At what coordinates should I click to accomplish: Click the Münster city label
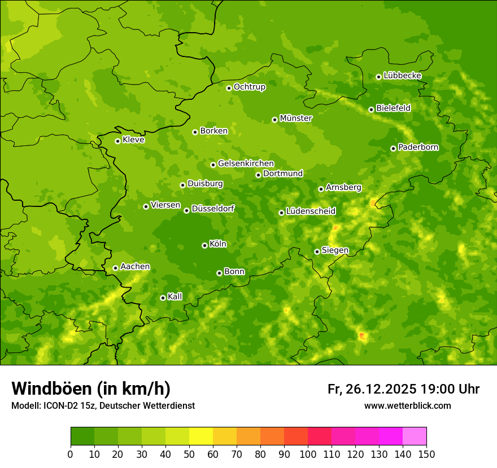pyautogui.click(x=296, y=118)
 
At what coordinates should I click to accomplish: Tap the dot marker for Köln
pyautogui.click(x=204, y=245)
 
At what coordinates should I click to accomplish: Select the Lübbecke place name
pyautogui.click(x=402, y=76)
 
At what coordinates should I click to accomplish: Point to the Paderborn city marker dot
pyautogui.click(x=393, y=148)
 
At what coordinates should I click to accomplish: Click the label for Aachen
pyautogui.click(x=135, y=267)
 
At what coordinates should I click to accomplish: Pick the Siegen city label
pyautogui.click(x=335, y=250)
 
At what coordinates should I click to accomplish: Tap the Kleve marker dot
pyautogui.click(x=117, y=141)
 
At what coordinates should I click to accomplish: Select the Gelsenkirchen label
pyautogui.click(x=246, y=164)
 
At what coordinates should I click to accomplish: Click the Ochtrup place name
pyautogui.click(x=250, y=87)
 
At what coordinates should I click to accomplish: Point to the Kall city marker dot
pyautogui.click(x=163, y=298)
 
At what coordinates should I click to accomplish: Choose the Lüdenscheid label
pyautogui.click(x=311, y=211)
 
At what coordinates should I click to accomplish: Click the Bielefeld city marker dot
pyautogui.click(x=371, y=109)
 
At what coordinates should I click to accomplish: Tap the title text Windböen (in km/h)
pyautogui.click(x=90, y=389)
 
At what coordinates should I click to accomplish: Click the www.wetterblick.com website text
pyautogui.click(x=407, y=406)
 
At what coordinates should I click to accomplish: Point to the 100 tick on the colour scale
pyautogui.click(x=308, y=454)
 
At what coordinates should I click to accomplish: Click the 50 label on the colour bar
pyautogui.click(x=189, y=454)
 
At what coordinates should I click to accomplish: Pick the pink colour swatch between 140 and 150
pyautogui.click(x=415, y=436)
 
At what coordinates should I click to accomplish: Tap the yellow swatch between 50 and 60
pyautogui.click(x=201, y=436)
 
